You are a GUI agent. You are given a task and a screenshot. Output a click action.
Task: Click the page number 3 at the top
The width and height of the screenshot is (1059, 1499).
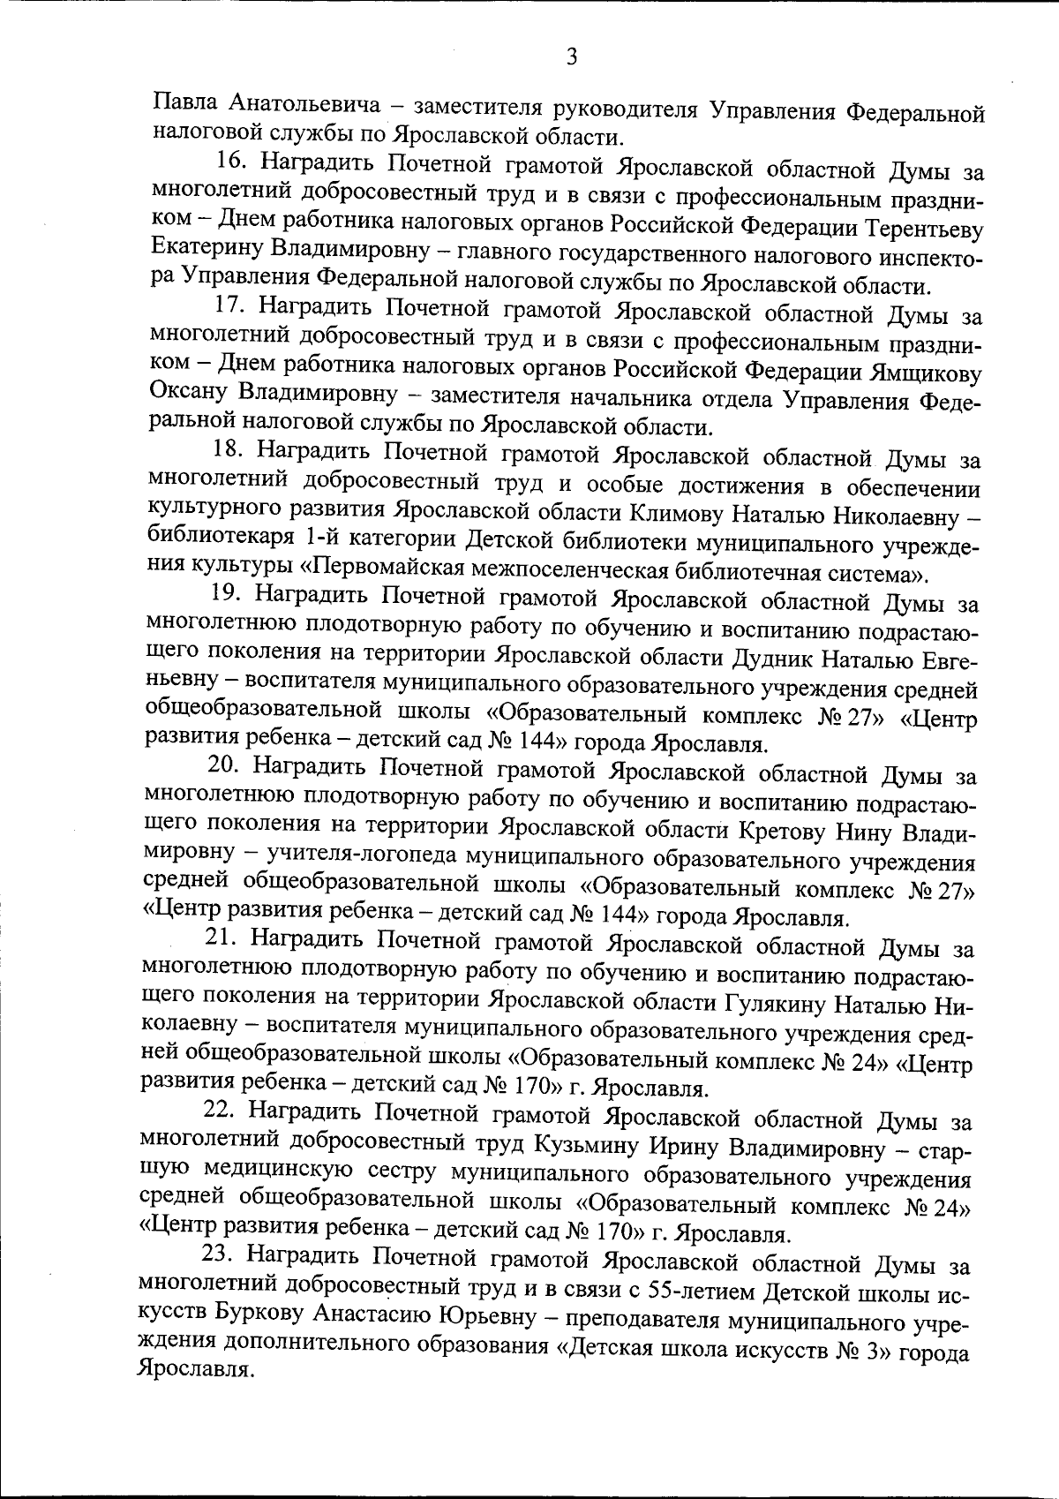point(571,57)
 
